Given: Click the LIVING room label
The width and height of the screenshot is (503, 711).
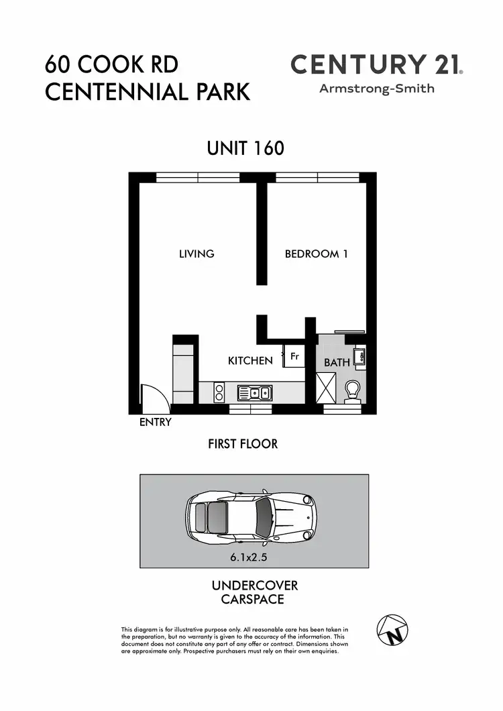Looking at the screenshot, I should coord(197,254).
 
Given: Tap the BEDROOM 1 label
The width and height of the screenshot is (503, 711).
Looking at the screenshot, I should coord(316,254).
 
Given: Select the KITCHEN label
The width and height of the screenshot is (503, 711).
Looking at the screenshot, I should coord(250,361).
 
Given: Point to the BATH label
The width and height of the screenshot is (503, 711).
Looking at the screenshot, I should coord(337,362).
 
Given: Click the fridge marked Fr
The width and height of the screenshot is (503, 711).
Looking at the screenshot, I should coord(294,357).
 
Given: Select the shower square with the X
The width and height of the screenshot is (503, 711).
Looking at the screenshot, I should coord(329,388).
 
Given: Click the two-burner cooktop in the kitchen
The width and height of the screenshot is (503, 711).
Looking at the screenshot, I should coord(219,392).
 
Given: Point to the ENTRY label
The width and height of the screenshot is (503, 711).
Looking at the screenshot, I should coord(156,423).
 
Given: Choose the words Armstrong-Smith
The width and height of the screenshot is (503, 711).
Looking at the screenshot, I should coord(376,89).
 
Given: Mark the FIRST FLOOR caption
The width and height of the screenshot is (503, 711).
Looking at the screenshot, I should coord(243,444).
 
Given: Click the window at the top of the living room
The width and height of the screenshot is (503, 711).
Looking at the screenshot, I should coord(198,177).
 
